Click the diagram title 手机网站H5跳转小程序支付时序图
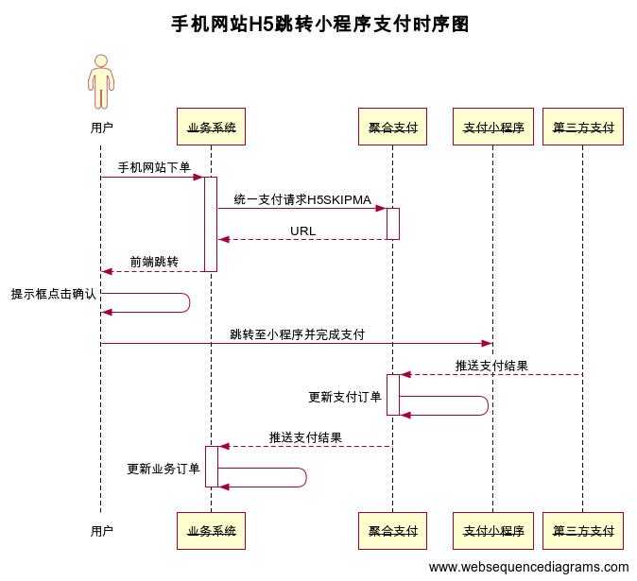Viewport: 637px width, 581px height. point(319,25)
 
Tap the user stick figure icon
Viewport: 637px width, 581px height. point(101,82)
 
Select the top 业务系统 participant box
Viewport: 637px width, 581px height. point(211,127)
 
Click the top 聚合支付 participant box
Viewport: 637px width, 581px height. point(392,127)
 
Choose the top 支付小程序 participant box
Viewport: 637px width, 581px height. point(492,127)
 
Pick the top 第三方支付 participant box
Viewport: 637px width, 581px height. point(583,127)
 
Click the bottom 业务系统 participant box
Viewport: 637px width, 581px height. point(211,531)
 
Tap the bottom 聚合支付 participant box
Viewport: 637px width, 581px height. point(392,531)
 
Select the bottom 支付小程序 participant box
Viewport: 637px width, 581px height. point(492,531)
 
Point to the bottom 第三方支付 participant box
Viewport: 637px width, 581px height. point(583,531)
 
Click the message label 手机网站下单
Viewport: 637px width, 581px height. point(154,167)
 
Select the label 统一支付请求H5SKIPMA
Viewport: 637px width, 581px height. point(302,199)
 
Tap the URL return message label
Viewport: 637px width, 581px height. point(302,231)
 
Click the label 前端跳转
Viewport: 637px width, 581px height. point(154,262)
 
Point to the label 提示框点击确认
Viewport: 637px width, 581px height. point(53,294)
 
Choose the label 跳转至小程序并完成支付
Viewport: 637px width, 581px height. point(297,334)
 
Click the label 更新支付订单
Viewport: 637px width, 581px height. point(345,397)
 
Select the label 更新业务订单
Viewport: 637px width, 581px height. point(164,469)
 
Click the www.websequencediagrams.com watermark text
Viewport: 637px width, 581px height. point(528,567)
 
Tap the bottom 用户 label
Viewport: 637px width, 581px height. point(101,531)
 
